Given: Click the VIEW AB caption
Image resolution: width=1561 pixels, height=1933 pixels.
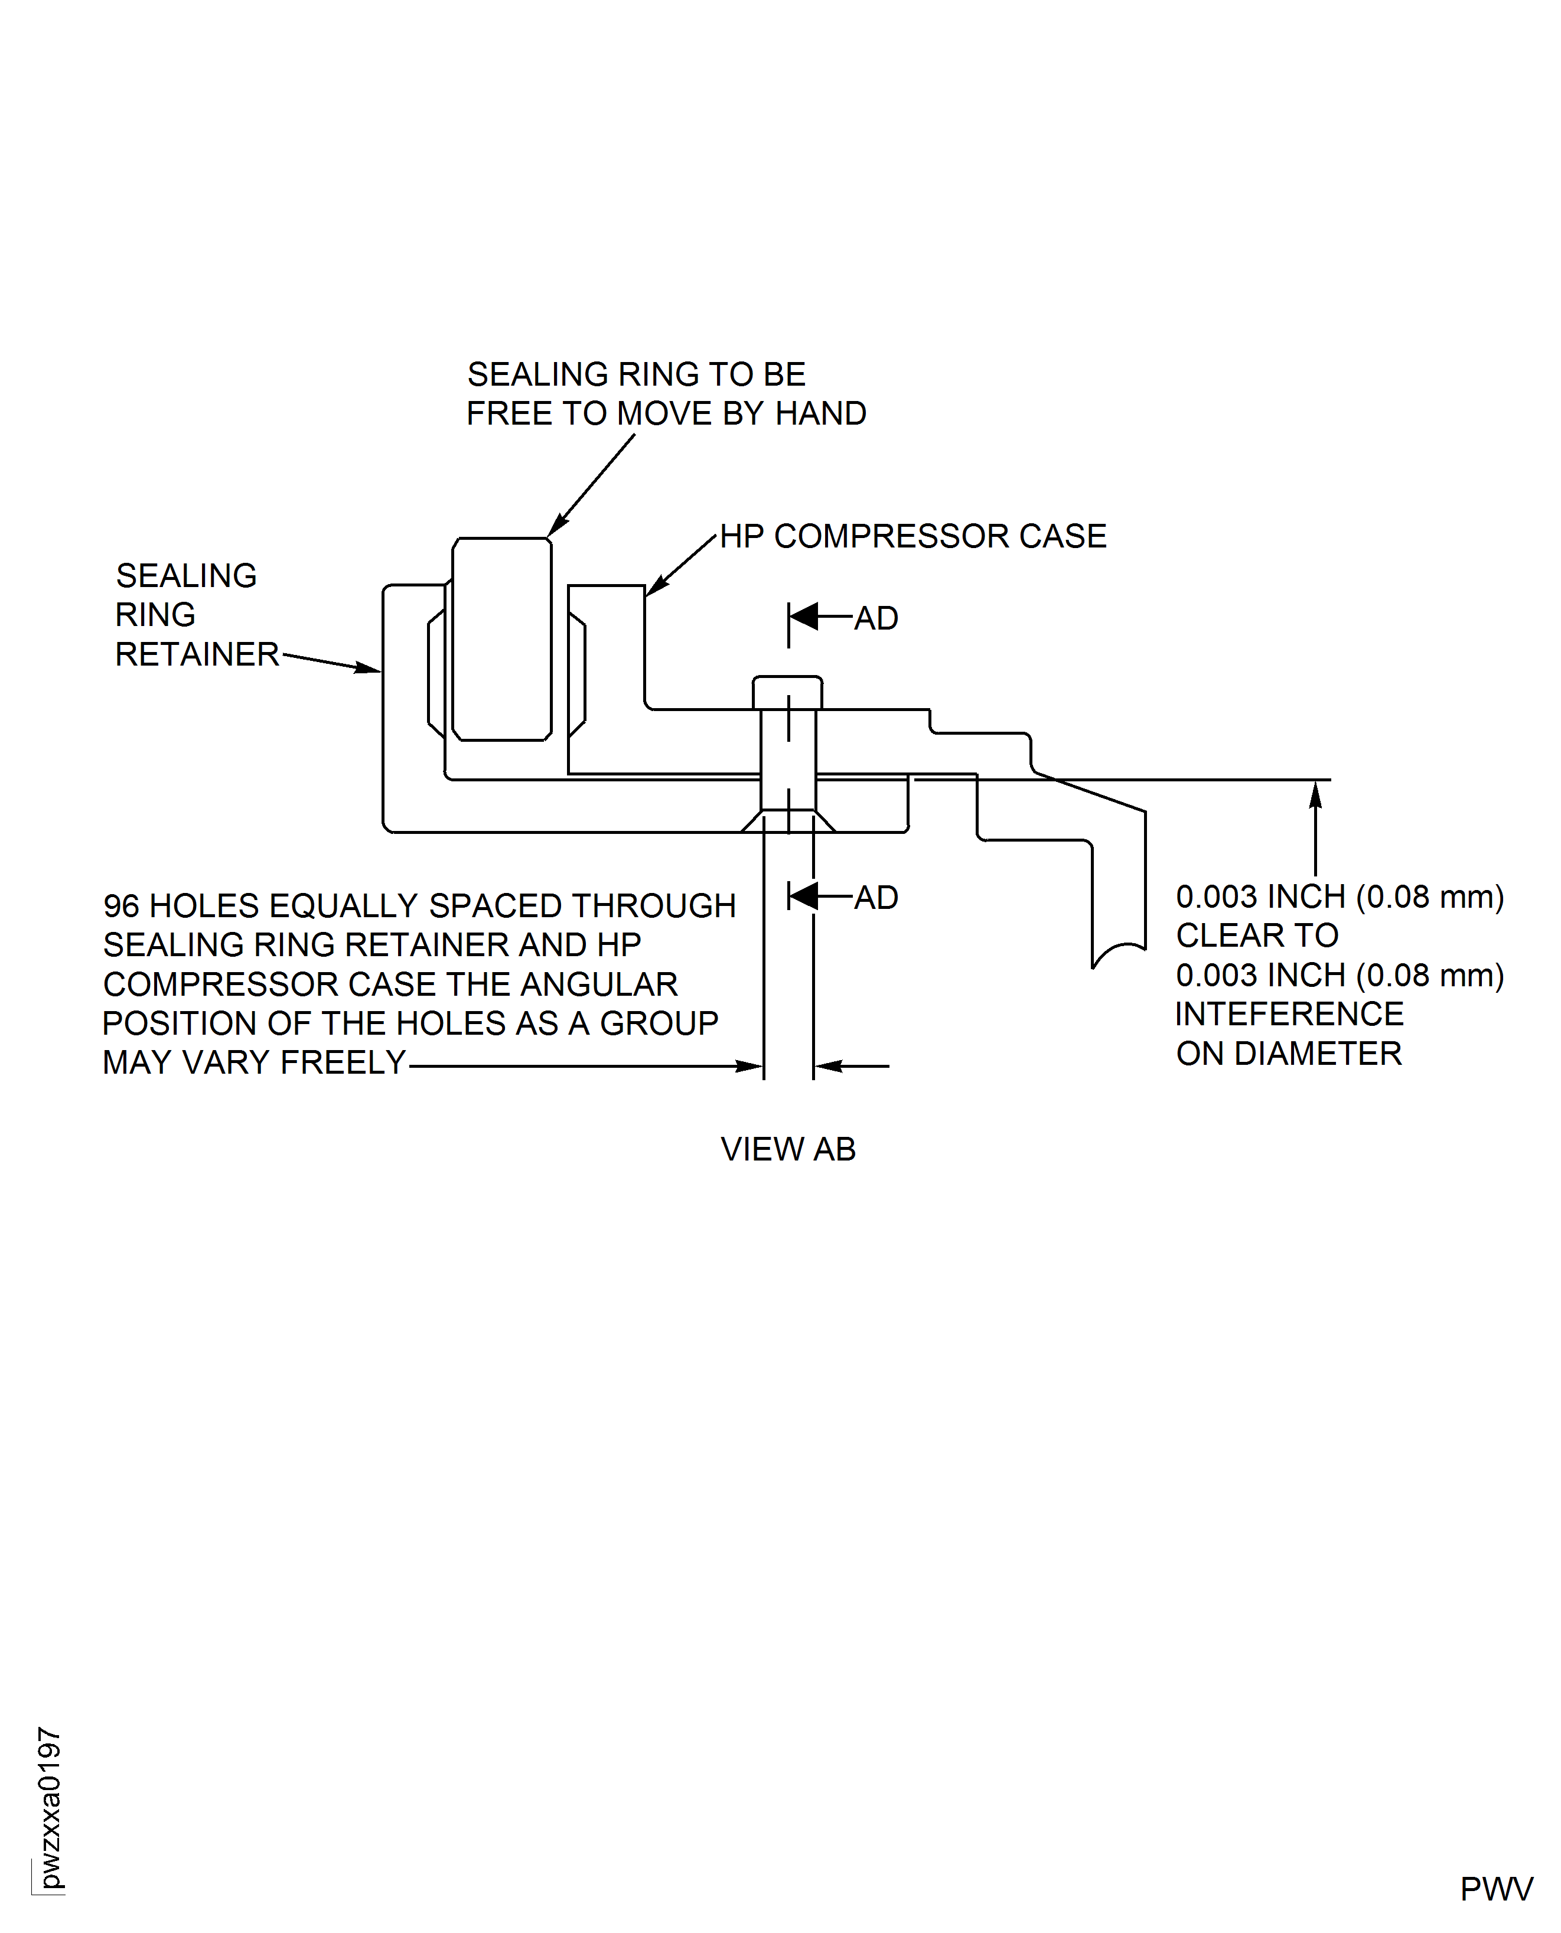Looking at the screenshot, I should pyautogui.click(x=788, y=1149).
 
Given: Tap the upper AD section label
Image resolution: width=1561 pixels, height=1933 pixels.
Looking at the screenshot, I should pyautogui.click(x=876, y=618).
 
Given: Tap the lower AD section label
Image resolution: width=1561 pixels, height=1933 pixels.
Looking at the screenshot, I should pyautogui.click(x=876, y=897).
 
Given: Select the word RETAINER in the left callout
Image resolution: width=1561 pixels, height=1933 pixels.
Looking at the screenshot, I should pyautogui.click(x=197, y=654).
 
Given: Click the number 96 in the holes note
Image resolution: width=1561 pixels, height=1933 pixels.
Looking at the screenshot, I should pyautogui.click(x=122, y=905).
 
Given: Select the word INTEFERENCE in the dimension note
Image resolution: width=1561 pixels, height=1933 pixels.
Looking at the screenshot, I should pyautogui.click(x=1289, y=1014).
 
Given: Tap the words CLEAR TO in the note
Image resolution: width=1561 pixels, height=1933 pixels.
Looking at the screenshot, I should pyautogui.click(x=1257, y=936).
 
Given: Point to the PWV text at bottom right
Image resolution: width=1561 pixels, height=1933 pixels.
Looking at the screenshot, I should pyautogui.click(x=1495, y=1889).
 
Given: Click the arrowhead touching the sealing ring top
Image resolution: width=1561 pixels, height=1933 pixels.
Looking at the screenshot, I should pyautogui.click(x=556, y=526).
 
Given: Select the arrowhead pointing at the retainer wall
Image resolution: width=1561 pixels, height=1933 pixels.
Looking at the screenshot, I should pyautogui.click(x=368, y=668).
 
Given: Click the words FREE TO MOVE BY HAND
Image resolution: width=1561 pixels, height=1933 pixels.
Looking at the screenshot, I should pyautogui.click(x=666, y=413).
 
